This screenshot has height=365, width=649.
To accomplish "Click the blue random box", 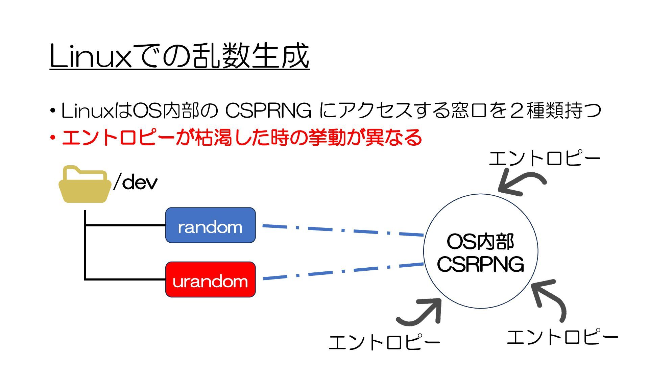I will click(x=210, y=225).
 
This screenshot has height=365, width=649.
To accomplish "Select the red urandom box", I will click(x=210, y=279).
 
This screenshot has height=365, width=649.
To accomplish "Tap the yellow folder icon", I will click(x=85, y=185).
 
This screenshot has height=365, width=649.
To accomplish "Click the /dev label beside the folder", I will click(x=136, y=182).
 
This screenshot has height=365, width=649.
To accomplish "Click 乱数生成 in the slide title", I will click(x=250, y=56).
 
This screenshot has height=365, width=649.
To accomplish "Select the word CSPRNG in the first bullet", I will click(x=268, y=111).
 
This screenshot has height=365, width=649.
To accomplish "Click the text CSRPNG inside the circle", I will click(x=480, y=264).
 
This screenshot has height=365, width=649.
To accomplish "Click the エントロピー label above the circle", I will click(x=544, y=158).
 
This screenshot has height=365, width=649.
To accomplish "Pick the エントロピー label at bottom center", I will click(x=384, y=342).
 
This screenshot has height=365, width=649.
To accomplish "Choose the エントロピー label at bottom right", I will click(x=562, y=337).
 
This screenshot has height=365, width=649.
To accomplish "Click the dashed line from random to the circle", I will click(x=343, y=230).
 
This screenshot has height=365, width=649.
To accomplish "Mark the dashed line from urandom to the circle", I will click(x=343, y=271).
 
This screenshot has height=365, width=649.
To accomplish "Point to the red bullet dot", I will click(x=52, y=138).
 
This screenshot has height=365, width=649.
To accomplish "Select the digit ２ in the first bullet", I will click(x=516, y=111).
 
